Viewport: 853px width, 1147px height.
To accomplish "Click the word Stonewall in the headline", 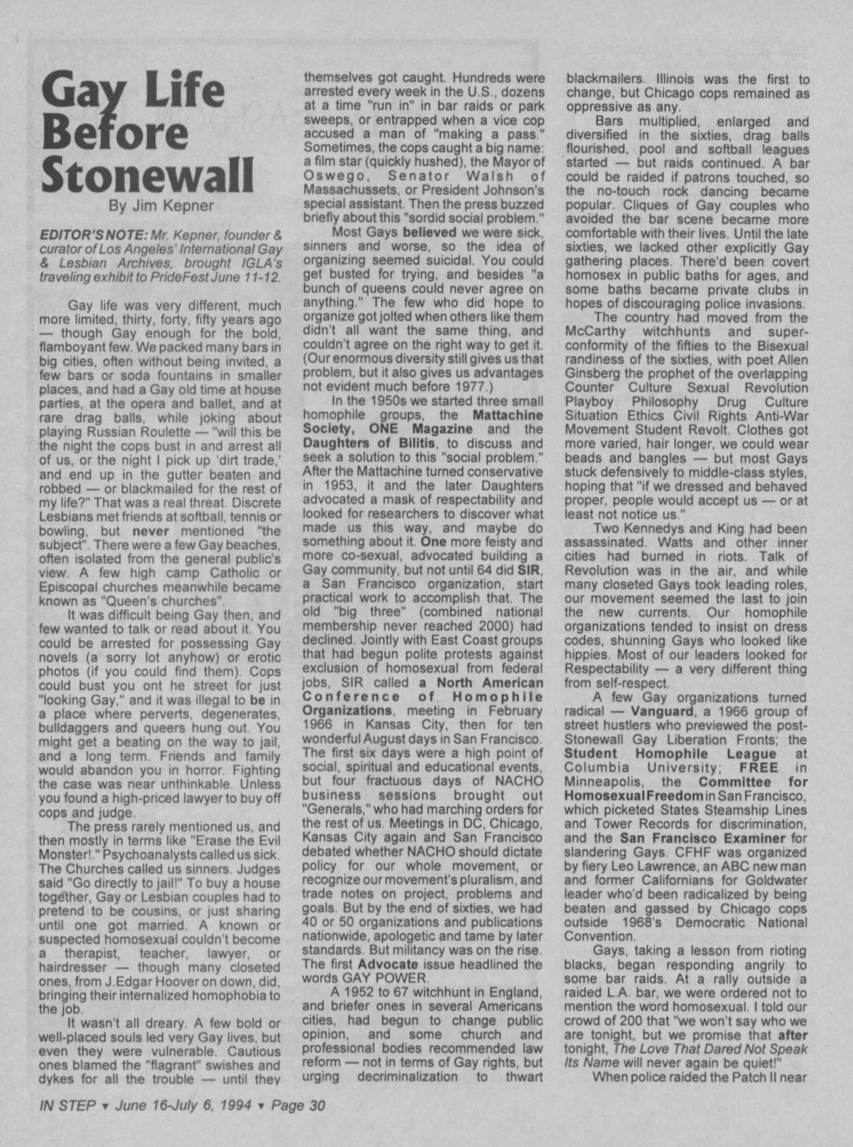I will [147, 175].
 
